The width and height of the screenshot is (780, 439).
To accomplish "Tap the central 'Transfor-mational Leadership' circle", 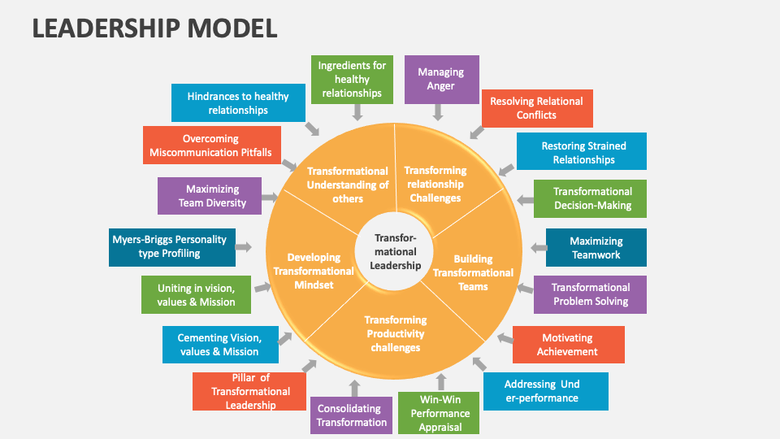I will (396, 251).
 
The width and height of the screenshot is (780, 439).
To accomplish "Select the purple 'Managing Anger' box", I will (441, 80).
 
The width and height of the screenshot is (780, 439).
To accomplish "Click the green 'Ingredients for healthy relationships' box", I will (352, 80).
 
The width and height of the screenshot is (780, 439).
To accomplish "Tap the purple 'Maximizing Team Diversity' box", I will (212, 196).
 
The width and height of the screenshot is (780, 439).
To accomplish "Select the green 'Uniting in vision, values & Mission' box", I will (196, 295).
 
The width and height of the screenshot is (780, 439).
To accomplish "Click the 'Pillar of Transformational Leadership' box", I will (249, 391).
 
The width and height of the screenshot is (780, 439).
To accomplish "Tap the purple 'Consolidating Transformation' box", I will (352, 415).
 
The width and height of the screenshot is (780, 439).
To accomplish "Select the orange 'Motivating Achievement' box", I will (567, 345).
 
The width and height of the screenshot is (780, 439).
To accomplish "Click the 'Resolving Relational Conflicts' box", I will (536, 108).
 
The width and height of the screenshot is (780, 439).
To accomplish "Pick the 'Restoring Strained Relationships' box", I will (583, 153).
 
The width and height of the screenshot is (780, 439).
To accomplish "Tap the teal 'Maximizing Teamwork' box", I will (596, 248).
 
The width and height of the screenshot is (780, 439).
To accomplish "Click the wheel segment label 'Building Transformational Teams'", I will (472, 273).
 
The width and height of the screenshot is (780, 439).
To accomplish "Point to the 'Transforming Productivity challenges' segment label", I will (396, 333).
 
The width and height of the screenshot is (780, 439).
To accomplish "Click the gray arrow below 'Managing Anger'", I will (439, 113).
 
